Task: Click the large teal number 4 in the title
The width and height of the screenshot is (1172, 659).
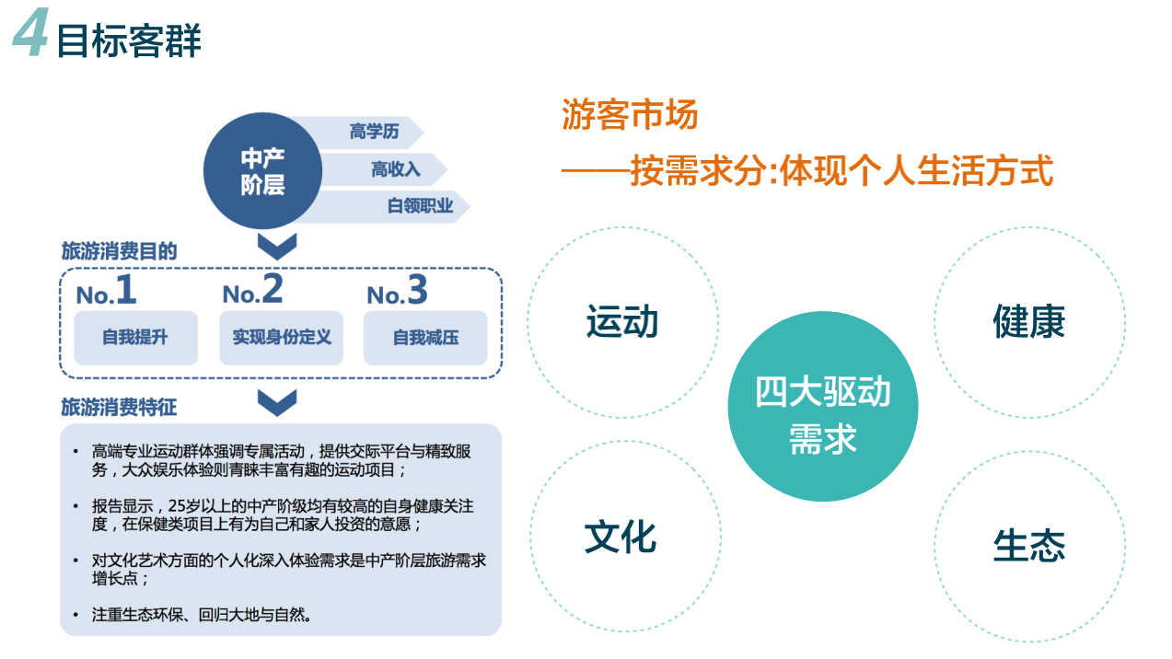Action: (x=30, y=32)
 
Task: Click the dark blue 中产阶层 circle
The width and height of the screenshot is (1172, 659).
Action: (x=262, y=171)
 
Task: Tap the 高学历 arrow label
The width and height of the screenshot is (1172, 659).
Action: (x=374, y=131)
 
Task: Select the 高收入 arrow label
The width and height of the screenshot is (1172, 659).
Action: (x=396, y=169)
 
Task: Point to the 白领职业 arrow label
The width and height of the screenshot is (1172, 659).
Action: (x=420, y=206)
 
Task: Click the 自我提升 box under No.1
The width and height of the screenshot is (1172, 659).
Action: (x=135, y=338)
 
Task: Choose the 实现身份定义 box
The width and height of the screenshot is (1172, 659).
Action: (x=282, y=338)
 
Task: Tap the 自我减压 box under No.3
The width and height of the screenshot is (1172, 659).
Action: (x=425, y=338)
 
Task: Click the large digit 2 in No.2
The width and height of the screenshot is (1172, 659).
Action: (x=273, y=289)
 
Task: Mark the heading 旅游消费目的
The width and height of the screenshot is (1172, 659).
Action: (x=120, y=251)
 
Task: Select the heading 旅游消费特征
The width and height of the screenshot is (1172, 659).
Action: (x=120, y=407)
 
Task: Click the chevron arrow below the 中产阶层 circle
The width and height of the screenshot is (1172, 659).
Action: (x=277, y=247)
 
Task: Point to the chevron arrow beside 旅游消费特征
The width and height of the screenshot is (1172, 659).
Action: (x=277, y=403)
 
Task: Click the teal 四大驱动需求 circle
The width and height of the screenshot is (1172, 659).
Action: (x=823, y=407)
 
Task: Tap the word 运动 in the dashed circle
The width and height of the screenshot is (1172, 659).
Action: (x=622, y=321)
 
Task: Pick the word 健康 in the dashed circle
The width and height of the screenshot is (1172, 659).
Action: (x=1029, y=321)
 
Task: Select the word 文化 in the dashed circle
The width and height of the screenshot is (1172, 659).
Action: (x=621, y=538)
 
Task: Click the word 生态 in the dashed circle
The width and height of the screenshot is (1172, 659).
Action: (x=1029, y=546)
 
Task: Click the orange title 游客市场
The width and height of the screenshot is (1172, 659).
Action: (x=630, y=114)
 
